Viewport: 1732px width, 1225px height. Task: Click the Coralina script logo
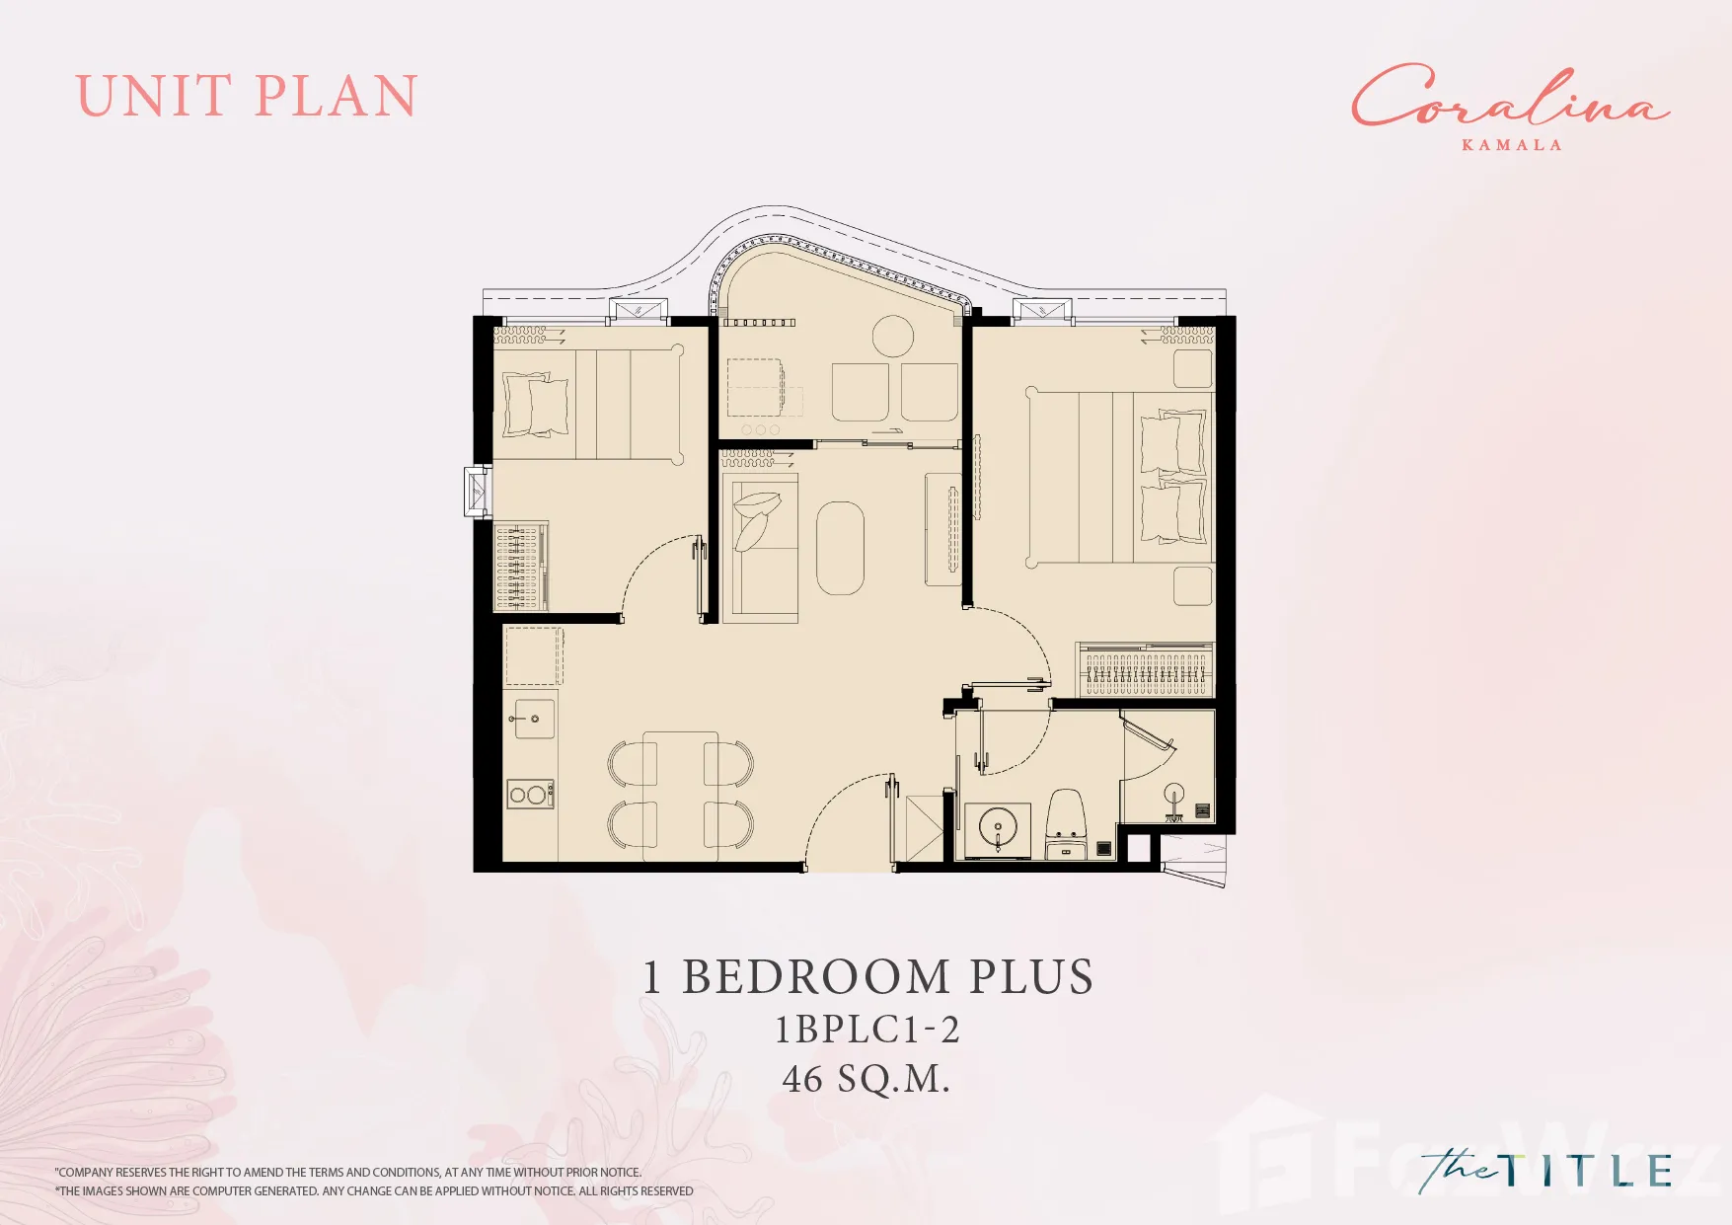click(x=1510, y=96)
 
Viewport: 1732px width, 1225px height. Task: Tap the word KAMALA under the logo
click(x=1511, y=145)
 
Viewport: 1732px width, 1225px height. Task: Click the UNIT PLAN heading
click(x=247, y=97)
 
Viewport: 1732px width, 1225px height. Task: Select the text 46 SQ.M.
click(x=866, y=1078)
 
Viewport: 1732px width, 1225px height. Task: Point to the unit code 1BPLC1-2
click(x=866, y=1030)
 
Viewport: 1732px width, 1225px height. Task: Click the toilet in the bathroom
click(x=1066, y=823)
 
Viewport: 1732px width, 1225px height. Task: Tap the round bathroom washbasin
click(x=997, y=827)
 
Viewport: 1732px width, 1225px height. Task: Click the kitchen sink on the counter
click(x=530, y=720)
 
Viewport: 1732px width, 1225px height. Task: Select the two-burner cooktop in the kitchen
click(x=530, y=794)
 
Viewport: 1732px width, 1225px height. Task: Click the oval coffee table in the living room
click(x=840, y=548)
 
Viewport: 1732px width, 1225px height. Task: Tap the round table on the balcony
click(x=893, y=336)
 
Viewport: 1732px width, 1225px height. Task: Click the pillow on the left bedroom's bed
click(x=536, y=405)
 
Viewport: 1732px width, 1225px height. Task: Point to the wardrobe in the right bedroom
click(x=1145, y=669)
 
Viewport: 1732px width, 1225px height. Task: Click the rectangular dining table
click(x=680, y=796)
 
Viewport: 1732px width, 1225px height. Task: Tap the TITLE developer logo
click(x=1545, y=1170)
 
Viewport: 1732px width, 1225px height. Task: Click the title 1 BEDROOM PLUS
click(x=867, y=976)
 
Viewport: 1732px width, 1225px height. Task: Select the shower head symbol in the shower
click(x=1174, y=797)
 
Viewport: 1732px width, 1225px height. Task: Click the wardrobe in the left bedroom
click(x=520, y=566)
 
